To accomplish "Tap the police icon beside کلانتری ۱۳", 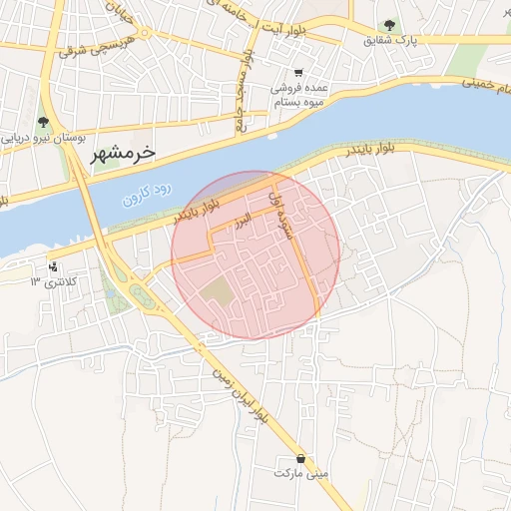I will coord(52,267).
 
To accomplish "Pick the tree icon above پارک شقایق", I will coord(389,25).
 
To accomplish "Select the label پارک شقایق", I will coord(389,41).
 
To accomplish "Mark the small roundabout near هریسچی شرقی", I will coord(147,32).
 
